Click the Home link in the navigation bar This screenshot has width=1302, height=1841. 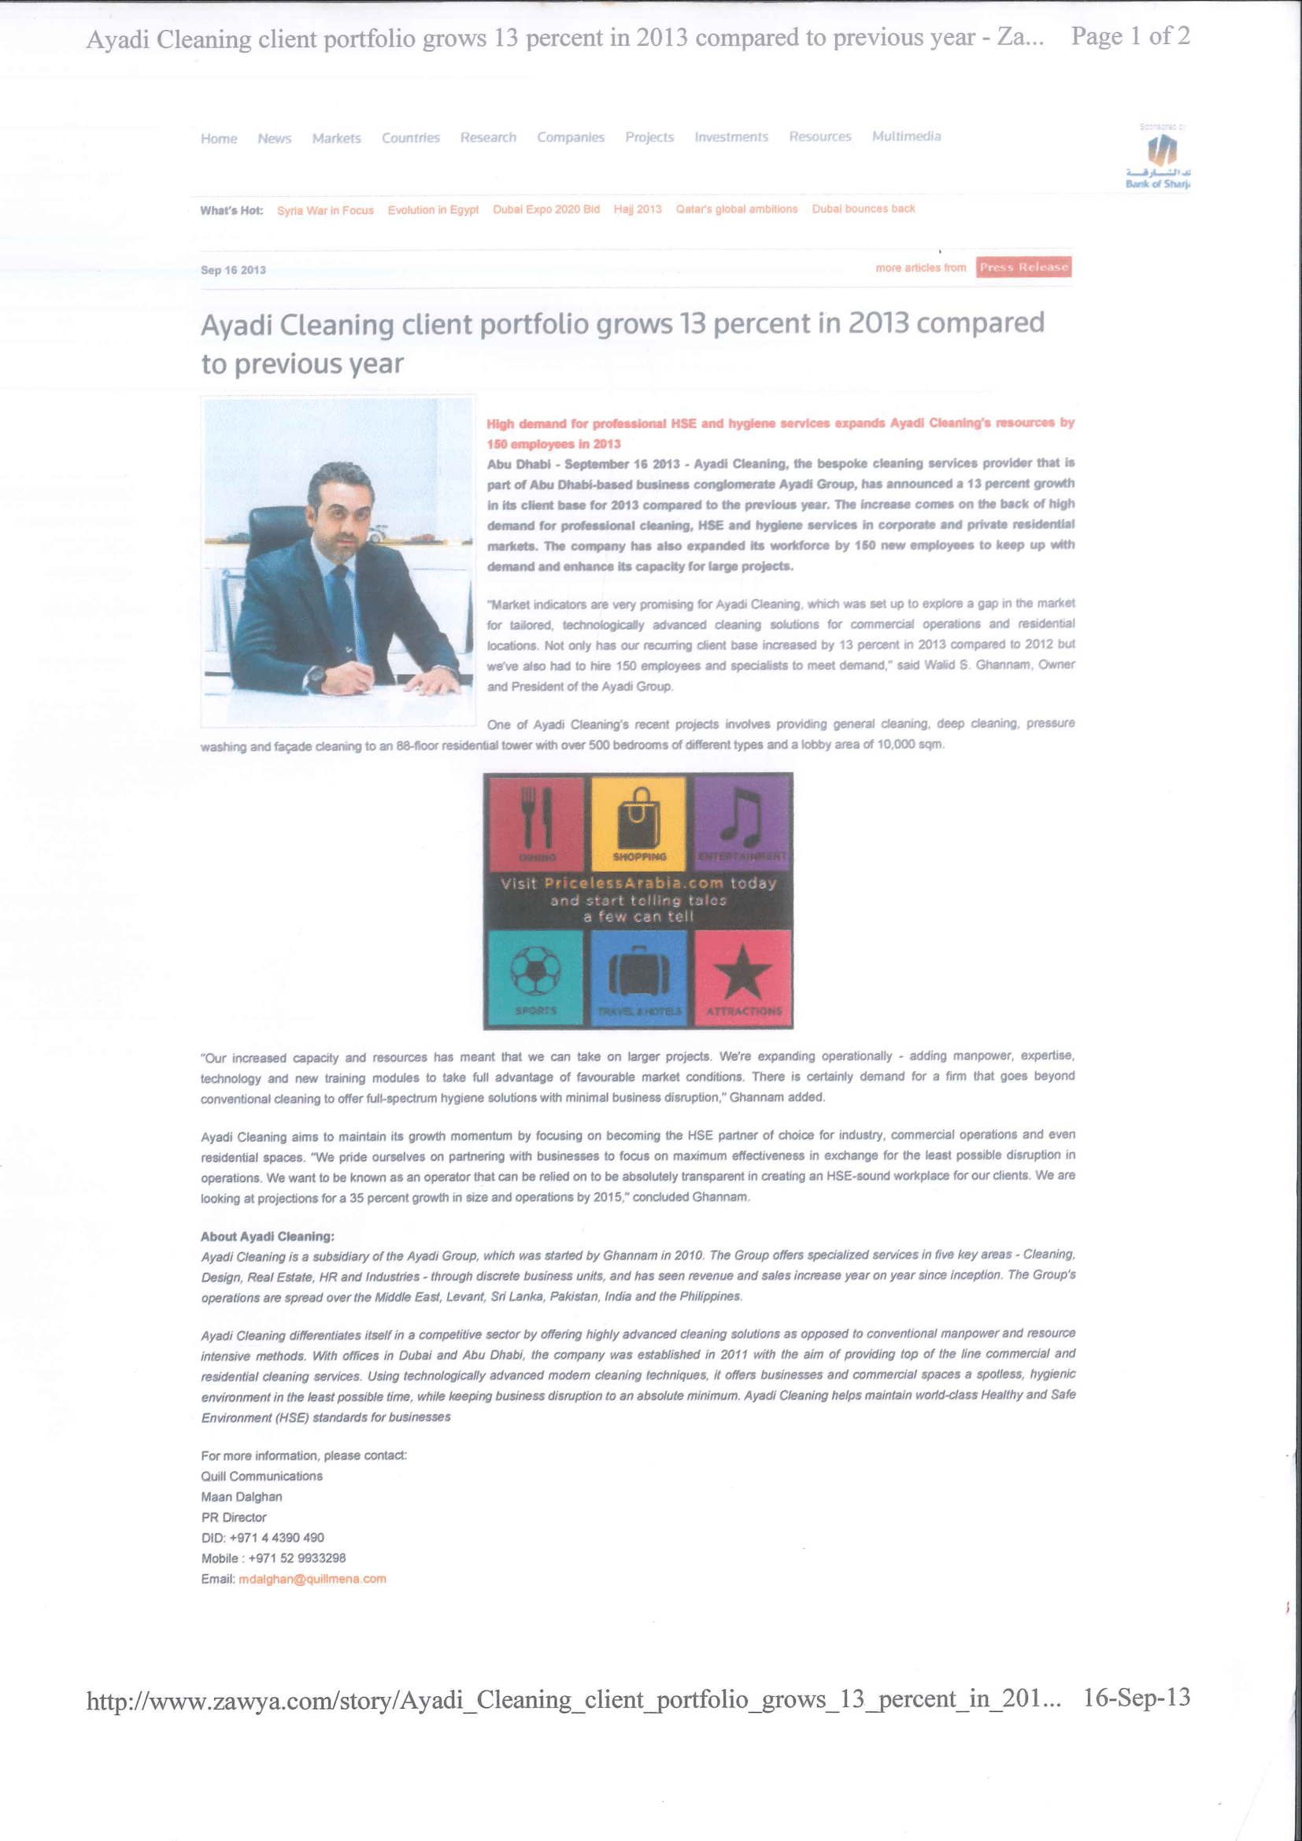[219, 139]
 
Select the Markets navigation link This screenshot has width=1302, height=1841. [336, 139]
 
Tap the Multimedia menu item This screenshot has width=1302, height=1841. [906, 136]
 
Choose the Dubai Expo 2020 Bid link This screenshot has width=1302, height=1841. [546, 209]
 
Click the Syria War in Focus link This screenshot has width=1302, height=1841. [326, 211]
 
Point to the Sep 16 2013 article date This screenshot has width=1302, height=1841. [232, 270]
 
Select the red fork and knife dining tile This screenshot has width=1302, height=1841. [536, 823]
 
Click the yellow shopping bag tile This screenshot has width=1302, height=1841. [639, 823]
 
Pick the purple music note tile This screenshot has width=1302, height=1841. [742, 823]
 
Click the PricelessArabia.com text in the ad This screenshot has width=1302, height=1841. [634, 883]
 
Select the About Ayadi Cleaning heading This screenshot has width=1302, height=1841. [267, 1237]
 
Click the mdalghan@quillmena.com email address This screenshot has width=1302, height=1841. [313, 1579]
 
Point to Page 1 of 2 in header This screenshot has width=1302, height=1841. [1130, 36]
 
